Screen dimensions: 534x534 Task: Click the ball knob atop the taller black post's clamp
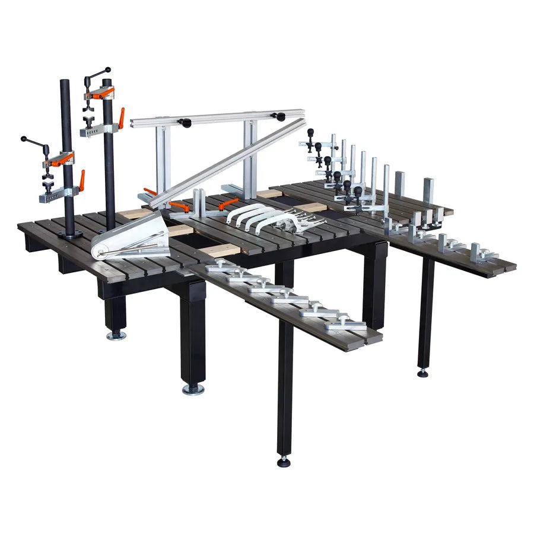[108, 69]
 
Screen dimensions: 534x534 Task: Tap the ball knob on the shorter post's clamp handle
[24, 139]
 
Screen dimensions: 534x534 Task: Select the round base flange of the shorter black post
[71, 234]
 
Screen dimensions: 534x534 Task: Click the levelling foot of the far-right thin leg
[423, 373]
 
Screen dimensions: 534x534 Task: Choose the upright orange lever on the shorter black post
[81, 180]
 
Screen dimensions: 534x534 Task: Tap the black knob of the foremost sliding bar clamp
[358, 192]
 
